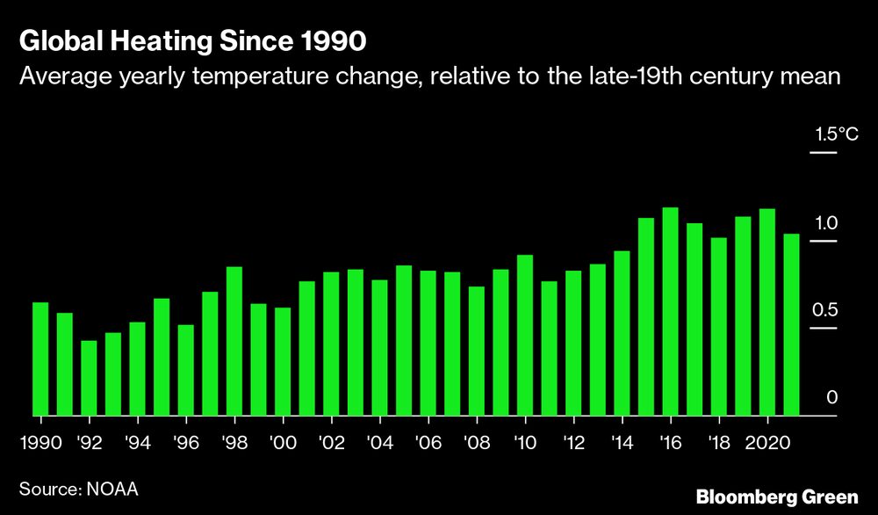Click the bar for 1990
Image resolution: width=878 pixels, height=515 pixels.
(x=40, y=359)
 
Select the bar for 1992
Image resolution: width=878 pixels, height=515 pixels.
(x=89, y=378)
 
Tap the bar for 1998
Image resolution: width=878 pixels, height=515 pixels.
(x=234, y=341)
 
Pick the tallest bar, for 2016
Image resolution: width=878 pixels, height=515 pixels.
(x=670, y=311)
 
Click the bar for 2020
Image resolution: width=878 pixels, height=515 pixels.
(x=766, y=312)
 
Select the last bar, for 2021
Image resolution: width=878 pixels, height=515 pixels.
(x=791, y=324)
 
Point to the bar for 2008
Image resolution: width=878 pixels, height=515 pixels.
(x=477, y=351)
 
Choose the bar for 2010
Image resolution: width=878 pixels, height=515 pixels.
(x=525, y=335)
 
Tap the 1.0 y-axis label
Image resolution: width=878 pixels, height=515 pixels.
(x=828, y=222)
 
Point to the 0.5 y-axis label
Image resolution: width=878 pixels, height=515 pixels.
(x=826, y=310)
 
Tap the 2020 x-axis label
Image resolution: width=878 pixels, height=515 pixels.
(x=766, y=441)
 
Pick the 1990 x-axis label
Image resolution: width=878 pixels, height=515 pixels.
(x=40, y=441)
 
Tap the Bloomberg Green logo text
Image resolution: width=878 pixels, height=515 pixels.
(x=776, y=497)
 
